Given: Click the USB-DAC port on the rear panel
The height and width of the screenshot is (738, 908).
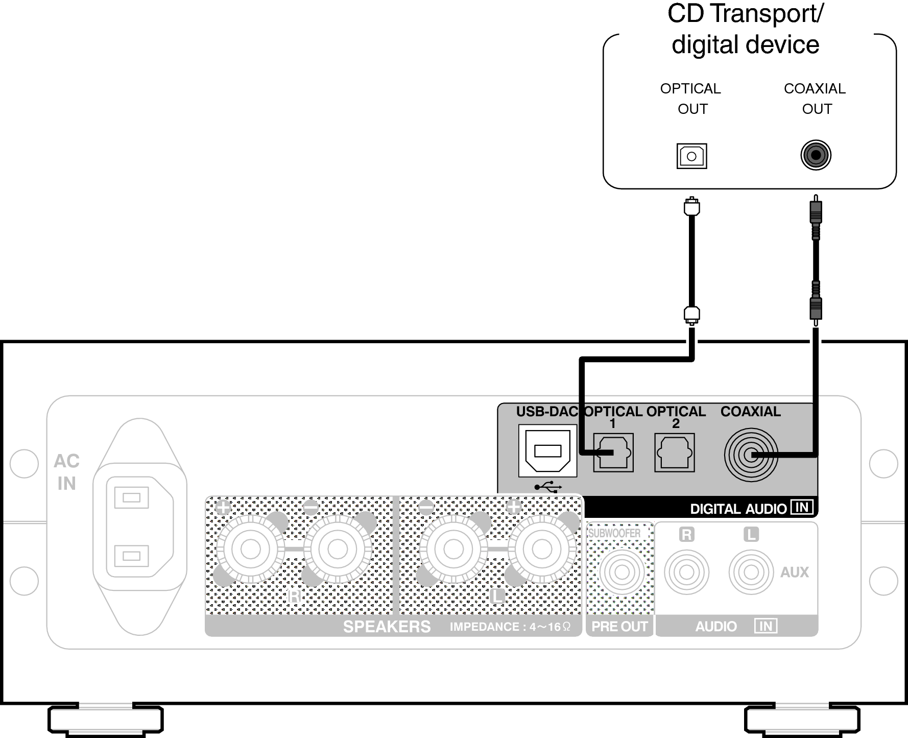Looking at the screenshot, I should pos(547,451).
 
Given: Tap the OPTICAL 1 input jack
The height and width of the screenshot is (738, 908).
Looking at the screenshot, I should pos(613,453).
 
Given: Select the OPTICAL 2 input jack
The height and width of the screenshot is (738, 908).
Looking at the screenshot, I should pos(675,453).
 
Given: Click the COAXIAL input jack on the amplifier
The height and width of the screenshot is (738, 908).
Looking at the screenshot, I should pos(750,455).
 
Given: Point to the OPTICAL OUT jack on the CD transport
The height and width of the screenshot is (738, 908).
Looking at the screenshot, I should pos(691,156).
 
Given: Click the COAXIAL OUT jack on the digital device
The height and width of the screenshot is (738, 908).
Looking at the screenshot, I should pos(816,155).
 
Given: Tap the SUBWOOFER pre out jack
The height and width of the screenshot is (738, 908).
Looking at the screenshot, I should pos(621,572).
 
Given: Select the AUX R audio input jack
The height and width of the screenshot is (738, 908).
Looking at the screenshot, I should pos(686,572).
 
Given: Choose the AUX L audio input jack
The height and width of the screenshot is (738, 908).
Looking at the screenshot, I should pos(751,572).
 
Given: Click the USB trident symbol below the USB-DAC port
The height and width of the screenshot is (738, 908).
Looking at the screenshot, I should pos(548,487).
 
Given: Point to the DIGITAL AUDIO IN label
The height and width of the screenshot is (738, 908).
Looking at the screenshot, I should pos(751,508).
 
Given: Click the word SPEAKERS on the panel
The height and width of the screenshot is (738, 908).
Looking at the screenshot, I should pos(387,627).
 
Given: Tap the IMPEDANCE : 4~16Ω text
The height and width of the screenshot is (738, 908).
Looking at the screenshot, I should pos(510,627).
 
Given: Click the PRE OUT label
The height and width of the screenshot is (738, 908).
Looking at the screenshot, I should pos(619,627).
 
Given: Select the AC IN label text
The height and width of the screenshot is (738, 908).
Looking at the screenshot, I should pos(66,472).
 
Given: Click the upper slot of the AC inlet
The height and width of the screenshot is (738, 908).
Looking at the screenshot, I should pos(131,497).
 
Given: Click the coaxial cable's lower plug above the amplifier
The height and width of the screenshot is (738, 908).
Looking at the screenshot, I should pos(816,308).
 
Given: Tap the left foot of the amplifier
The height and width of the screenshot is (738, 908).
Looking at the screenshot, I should pos(106,720).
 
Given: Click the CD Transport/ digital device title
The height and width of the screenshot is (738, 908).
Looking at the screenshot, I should pos(745,29).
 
